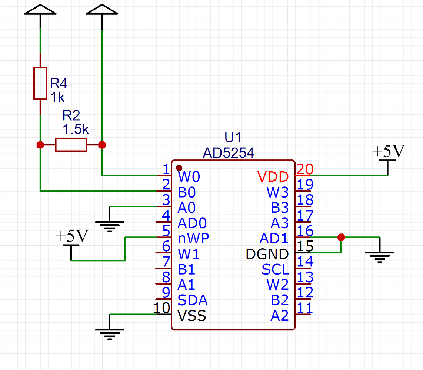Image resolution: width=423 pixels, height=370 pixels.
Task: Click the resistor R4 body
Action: pos(40,83)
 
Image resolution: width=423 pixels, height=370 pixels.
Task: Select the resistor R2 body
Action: pos(71,145)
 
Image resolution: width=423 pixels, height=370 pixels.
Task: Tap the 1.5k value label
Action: pos(76,130)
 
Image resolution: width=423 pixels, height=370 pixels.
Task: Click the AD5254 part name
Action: pos(228,153)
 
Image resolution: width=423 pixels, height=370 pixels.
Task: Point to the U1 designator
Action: pos(233,138)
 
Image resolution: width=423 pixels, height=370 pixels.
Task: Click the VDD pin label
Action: pos(273,177)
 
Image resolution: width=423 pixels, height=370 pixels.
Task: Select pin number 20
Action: pos(305,169)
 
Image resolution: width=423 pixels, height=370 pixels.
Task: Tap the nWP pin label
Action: pos(193,238)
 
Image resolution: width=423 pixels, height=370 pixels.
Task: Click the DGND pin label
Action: pos(267,254)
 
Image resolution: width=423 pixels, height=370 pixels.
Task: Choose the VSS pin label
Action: pos(192,316)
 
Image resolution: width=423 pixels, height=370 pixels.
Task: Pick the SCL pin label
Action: pos(275,269)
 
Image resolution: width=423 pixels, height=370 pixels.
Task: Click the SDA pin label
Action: pos(193,300)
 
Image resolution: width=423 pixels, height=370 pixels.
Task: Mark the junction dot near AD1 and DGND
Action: pos(342,237)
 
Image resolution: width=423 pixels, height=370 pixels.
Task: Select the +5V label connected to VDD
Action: pos(388,152)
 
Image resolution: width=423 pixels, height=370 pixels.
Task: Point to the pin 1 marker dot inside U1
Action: pos(180,168)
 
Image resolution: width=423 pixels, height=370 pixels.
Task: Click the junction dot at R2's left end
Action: pos(40,145)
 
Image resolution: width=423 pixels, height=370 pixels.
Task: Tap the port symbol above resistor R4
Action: pos(40,10)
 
